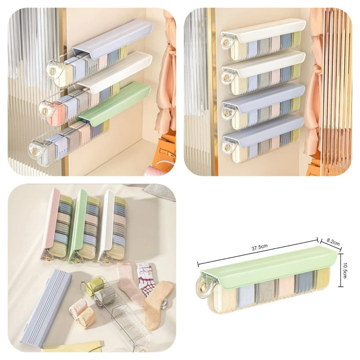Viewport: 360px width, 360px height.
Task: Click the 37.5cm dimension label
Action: click(260, 248)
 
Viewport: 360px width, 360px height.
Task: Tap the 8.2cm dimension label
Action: click(333, 242)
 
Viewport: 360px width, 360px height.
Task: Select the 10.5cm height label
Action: click(344, 270)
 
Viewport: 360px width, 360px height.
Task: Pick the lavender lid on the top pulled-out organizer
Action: click(113, 38)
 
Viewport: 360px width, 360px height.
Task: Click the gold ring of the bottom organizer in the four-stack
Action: click(227, 146)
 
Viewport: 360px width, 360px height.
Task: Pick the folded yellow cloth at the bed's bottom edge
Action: click(73, 347)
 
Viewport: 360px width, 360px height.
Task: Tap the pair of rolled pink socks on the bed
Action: click(83, 313)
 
